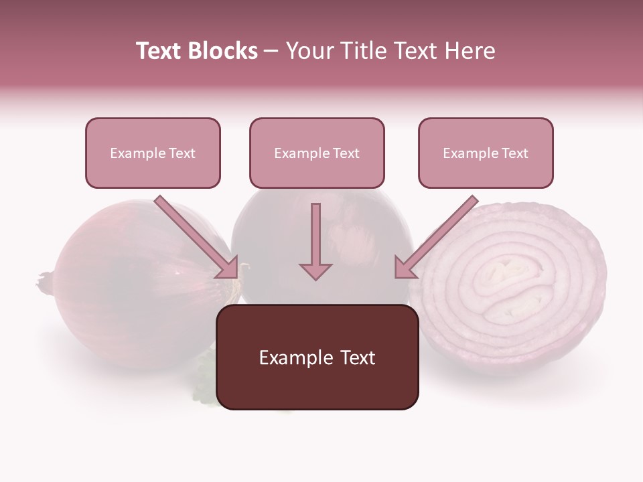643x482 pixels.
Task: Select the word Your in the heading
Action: (310, 51)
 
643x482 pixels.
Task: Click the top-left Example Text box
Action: (153, 153)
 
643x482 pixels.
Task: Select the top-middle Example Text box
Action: (317, 153)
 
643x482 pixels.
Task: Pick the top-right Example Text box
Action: (486, 153)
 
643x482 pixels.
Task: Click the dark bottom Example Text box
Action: (317, 357)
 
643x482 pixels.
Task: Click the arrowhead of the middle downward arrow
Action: (315, 272)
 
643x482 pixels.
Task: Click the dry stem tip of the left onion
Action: (45, 280)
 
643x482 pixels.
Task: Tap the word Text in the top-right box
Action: (514, 153)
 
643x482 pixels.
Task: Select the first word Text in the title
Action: (159, 51)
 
